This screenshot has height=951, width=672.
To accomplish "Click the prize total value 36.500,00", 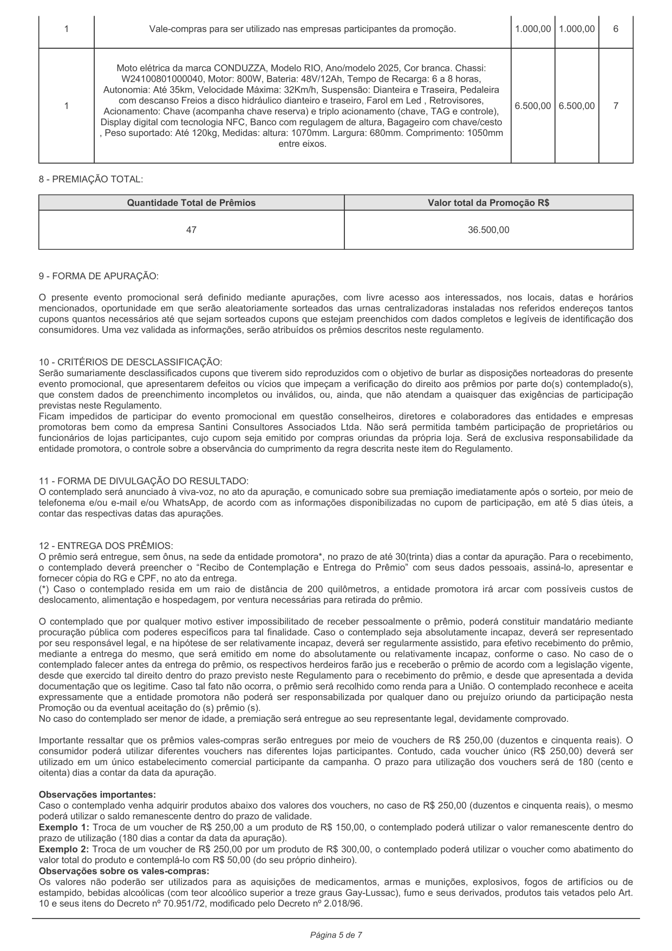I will coord(488,230).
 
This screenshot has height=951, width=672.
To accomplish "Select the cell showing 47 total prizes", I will coord(191,230).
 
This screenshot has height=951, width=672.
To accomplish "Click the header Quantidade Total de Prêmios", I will coord(191,203).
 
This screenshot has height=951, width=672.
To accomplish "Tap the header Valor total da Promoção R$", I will coord(488,203).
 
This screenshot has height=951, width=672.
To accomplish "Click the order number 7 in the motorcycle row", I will coord(616,106).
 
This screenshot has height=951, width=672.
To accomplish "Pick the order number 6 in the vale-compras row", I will coord(616,29).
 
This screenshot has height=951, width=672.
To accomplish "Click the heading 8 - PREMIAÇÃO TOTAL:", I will coord(91,179).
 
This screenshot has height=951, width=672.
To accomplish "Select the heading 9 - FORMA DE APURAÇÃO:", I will coord(99,276).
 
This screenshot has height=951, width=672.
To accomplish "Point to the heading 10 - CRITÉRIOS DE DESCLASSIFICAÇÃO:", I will coord(131,362).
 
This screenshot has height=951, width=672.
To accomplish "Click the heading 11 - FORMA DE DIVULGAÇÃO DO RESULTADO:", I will coord(143,481).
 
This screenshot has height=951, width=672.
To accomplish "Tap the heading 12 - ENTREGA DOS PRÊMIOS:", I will coord(106,546).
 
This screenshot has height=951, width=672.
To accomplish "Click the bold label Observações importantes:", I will coord(97,794).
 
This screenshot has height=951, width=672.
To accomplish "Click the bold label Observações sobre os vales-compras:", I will coord(124,871).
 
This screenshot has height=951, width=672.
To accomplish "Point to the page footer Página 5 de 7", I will coord(336,935).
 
